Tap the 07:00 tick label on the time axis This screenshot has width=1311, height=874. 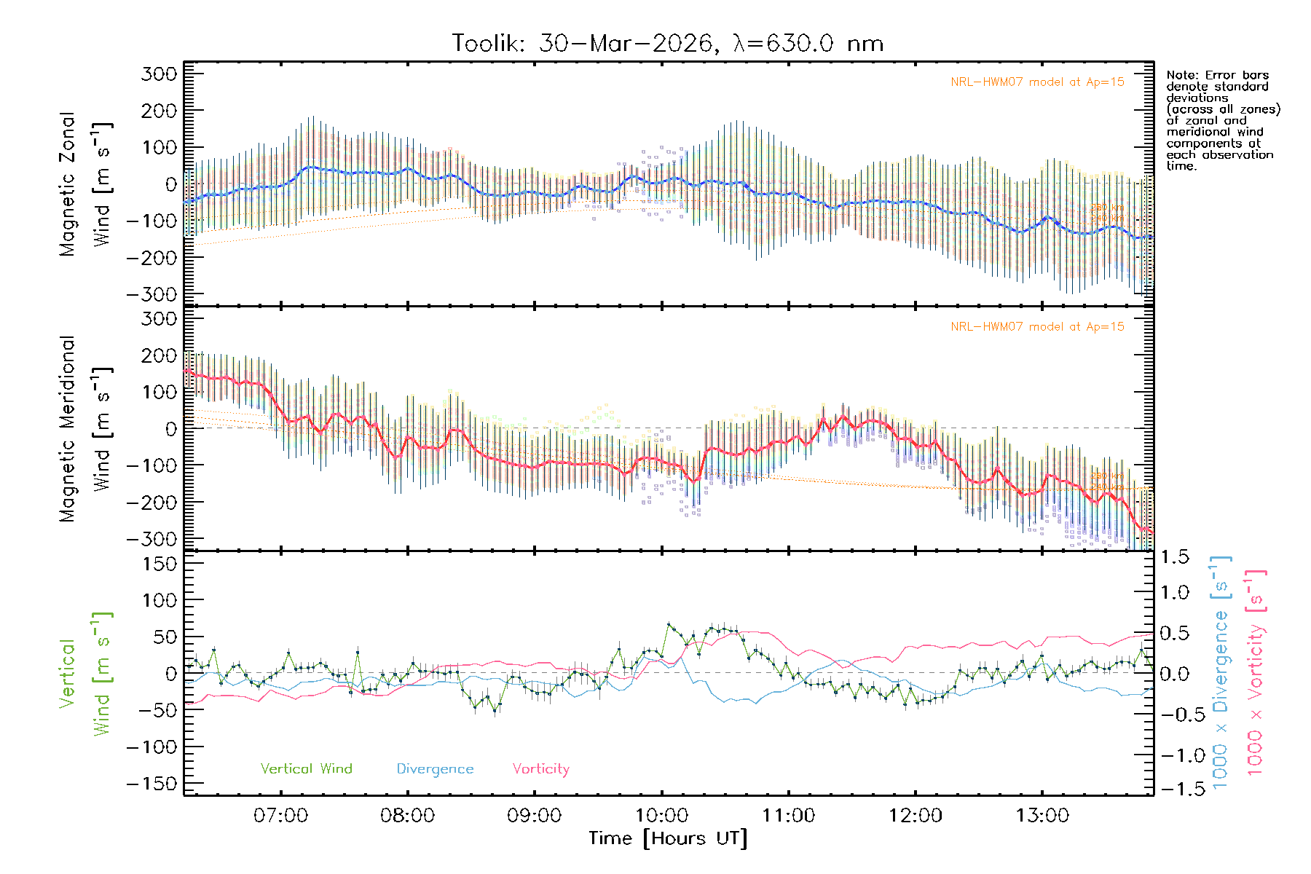pyautogui.click(x=280, y=816)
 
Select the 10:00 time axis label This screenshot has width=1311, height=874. pyautogui.click(x=661, y=816)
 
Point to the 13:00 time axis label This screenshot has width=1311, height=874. pyautogui.click(x=1042, y=816)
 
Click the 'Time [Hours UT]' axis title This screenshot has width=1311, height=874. pyautogui.click(x=668, y=838)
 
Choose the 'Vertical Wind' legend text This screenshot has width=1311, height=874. pyautogui.click(x=306, y=769)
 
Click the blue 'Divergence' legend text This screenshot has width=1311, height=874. pyautogui.click(x=435, y=769)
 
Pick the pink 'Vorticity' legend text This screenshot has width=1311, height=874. pyautogui.click(x=540, y=769)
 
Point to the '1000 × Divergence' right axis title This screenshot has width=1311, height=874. pyautogui.click(x=1221, y=674)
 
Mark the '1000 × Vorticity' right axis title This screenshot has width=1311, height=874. pyautogui.click(x=1256, y=674)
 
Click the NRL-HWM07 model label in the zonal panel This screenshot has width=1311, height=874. pyautogui.click(x=1037, y=82)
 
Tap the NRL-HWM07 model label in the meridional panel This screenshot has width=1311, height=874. pyautogui.click(x=1037, y=327)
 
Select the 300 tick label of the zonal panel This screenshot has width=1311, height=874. pyautogui.click(x=159, y=74)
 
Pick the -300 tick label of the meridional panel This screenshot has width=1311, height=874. pyautogui.click(x=151, y=539)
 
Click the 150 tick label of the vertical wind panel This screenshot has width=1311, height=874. pyautogui.click(x=159, y=564)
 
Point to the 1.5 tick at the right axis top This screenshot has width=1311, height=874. pyautogui.click(x=1175, y=557)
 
